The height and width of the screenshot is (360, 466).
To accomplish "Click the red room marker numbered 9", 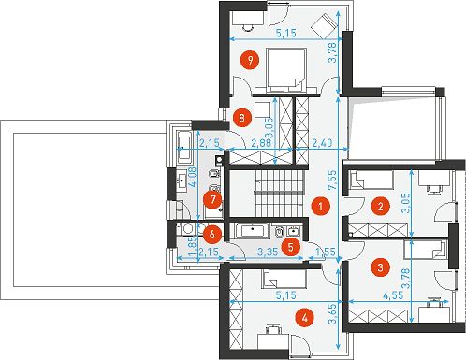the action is pyautogui.click(x=250, y=60).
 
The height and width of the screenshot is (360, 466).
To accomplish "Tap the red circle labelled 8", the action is pyautogui.click(x=241, y=118).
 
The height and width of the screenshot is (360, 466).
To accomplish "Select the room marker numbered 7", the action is pyautogui.click(x=212, y=199).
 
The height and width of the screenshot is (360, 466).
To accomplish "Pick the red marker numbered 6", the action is pyautogui.click(x=212, y=234).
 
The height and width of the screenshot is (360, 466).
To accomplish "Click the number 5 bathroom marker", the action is pyautogui.click(x=291, y=247).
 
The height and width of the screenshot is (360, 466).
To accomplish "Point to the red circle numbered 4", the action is pyautogui.click(x=305, y=318).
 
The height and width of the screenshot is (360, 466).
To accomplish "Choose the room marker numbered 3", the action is pyautogui.click(x=380, y=267).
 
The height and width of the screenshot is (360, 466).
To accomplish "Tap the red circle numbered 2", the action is pyautogui.click(x=380, y=207).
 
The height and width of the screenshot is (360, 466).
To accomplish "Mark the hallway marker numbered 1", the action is pyautogui.click(x=320, y=207).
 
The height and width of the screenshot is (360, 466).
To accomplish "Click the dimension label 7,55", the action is pyautogui.click(x=332, y=180).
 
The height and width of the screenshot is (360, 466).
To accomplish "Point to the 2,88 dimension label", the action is pyautogui.click(x=262, y=143).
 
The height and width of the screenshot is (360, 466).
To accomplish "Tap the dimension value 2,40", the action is pyautogui.click(x=322, y=143).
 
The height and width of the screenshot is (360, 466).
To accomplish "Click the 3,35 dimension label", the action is pyautogui.click(x=269, y=252).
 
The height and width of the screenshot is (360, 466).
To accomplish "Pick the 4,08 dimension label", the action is pyautogui.click(x=193, y=177).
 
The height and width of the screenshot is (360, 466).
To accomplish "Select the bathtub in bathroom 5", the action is pyautogui.click(x=253, y=231).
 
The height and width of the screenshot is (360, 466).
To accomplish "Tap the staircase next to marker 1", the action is pyautogui.click(x=280, y=194).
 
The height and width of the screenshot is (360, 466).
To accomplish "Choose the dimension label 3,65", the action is pyautogui.click(x=332, y=314).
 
